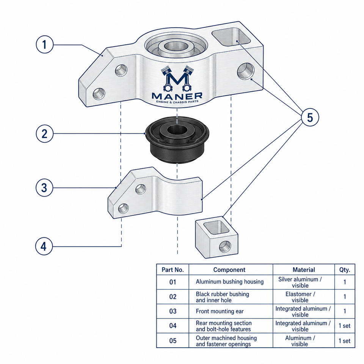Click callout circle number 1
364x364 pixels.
point(45,44)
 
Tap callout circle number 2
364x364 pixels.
point(45,134)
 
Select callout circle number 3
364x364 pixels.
point(44,188)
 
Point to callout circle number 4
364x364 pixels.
point(44,246)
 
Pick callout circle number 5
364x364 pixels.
point(310,117)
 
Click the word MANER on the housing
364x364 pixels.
point(177,96)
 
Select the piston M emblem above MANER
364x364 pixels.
point(177,78)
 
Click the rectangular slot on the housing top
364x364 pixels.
point(231,37)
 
